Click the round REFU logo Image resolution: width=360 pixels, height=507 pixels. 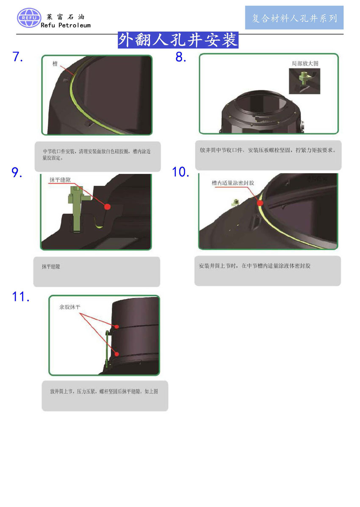point(29,18)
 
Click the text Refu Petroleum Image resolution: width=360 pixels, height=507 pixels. point(66,25)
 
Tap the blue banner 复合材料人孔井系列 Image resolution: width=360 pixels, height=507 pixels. point(294,18)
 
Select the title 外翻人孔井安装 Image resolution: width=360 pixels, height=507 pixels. point(178,40)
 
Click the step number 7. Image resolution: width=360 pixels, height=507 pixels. point(17,57)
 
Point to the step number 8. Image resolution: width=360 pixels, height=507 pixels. point(181,57)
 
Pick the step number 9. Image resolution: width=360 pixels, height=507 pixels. point(17,173)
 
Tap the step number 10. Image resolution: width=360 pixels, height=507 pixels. point(180,172)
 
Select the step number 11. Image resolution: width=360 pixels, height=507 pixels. point(21,296)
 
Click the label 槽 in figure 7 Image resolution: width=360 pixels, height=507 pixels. point(55,64)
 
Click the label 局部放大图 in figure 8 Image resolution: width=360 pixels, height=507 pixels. point(305,64)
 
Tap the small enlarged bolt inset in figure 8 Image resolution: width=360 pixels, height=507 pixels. point(305,81)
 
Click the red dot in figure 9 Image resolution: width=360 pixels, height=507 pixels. point(108,206)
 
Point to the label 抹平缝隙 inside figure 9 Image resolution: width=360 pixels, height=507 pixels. point(60,180)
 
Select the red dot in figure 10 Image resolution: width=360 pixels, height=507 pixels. point(260,203)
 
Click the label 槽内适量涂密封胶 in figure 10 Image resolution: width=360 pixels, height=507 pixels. point(233,183)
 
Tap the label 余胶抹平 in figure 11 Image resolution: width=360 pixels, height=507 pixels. point(69,307)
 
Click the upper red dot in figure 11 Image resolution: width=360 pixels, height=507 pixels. point(116,327)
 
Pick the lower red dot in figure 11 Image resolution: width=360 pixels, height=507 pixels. point(116,354)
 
